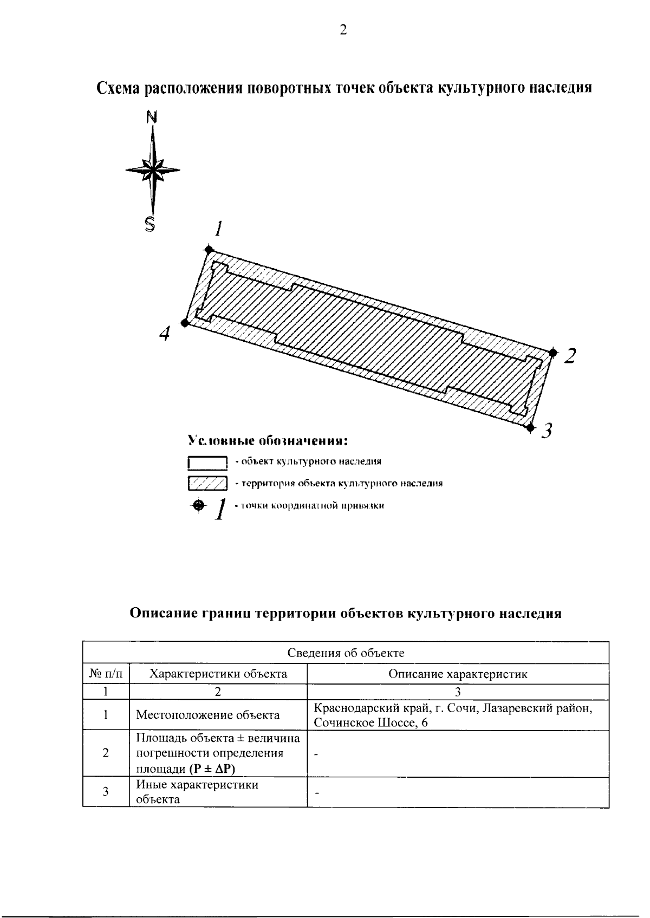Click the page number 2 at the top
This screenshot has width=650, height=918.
click(x=343, y=30)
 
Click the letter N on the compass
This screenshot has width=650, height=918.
click(x=152, y=116)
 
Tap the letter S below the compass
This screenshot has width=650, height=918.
click(x=150, y=223)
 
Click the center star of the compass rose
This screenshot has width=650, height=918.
click(x=153, y=170)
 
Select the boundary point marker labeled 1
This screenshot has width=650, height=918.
click(x=209, y=249)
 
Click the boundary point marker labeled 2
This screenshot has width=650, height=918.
click(x=552, y=353)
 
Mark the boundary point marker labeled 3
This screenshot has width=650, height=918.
click(x=530, y=428)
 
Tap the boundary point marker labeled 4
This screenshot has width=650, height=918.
click(x=185, y=323)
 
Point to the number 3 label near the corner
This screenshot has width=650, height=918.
click(x=547, y=431)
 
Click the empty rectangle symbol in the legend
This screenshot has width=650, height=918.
click(x=207, y=463)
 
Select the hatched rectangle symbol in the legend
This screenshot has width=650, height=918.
click(x=207, y=483)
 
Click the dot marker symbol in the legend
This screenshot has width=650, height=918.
click(x=199, y=505)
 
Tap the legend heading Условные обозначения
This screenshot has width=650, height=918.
click(x=267, y=440)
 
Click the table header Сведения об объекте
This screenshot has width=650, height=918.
click(x=346, y=653)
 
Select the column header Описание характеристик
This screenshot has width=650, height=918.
click(x=458, y=674)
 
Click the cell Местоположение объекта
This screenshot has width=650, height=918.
click(x=207, y=715)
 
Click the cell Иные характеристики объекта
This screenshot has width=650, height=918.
click(x=197, y=792)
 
